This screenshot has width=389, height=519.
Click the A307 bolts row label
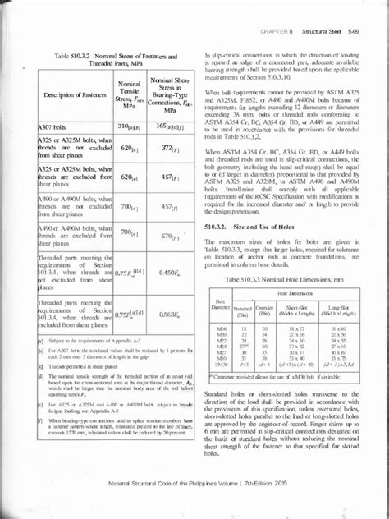(x=55, y=128)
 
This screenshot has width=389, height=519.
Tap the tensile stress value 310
(x=127, y=127)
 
